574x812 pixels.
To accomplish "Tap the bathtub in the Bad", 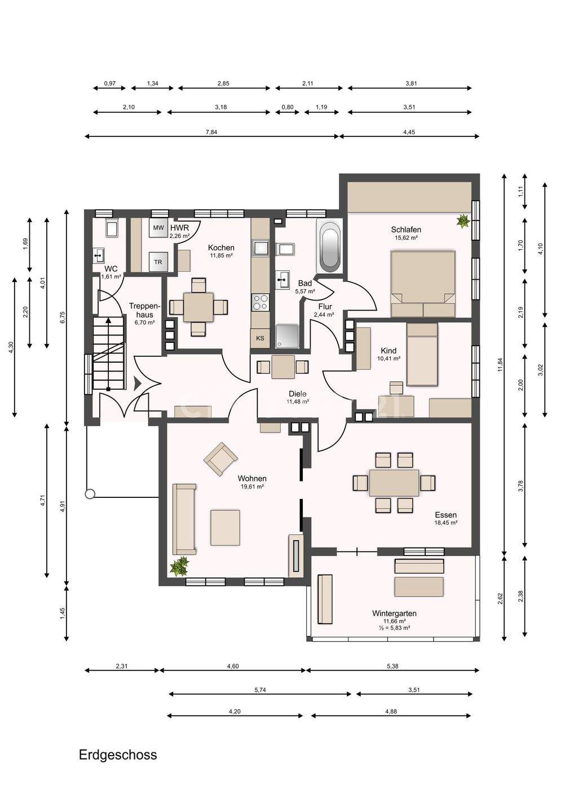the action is tap(329, 245).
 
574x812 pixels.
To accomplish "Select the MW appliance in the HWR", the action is tap(158, 228).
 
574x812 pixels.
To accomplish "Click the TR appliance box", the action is tap(158, 262).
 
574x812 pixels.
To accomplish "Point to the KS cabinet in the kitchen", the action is tap(260, 338).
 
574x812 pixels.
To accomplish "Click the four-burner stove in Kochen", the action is tap(260, 302).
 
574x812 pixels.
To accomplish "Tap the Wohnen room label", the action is tap(252, 479).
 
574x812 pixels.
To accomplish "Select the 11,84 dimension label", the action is tap(500, 365).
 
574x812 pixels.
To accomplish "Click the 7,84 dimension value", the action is tap(211, 132).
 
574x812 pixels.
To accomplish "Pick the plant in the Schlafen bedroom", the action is tap(463, 221).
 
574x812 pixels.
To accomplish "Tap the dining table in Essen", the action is tap(394, 483).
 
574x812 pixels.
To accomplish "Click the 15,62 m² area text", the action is tap(406, 238).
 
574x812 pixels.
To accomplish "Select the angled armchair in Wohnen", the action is tap(220, 458).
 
